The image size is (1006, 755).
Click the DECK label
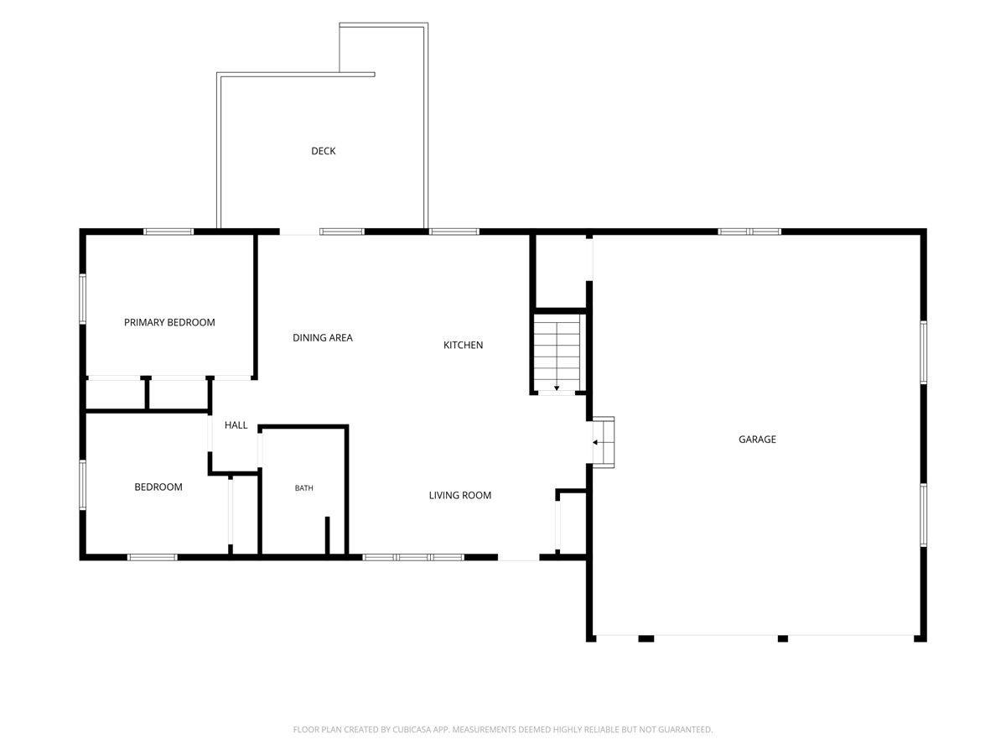click(323, 151)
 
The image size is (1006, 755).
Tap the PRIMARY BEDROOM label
click(169, 322)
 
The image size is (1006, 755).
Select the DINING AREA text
click(323, 338)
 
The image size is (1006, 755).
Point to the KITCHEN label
click(463, 345)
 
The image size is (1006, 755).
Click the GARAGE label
click(757, 439)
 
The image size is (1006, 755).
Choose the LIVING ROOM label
click(459, 495)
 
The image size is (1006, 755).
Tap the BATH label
click(303, 488)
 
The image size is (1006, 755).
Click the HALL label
click(236, 425)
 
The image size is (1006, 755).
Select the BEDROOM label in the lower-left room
click(158, 487)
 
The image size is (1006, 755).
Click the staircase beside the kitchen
click(557, 354)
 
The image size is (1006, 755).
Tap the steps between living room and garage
click(604, 442)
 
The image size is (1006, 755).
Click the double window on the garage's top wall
click(749, 232)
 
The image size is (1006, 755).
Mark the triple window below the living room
click(413, 557)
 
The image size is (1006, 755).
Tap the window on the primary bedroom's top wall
click(169, 232)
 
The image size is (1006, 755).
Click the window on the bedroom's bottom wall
click(153, 557)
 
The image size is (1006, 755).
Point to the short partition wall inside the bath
click(327, 535)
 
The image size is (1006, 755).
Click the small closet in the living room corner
click(573, 523)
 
